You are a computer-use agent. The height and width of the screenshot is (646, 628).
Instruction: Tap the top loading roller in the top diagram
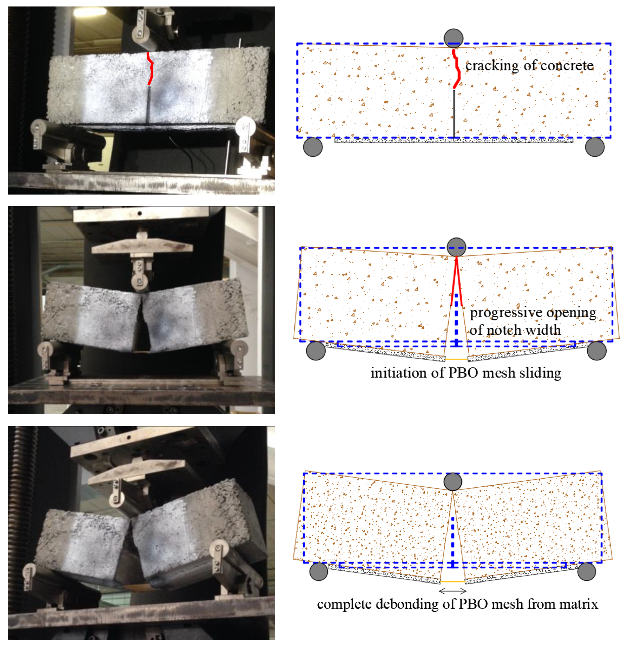(x=454, y=38)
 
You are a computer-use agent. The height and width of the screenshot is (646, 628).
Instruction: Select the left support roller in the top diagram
(x=313, y=147)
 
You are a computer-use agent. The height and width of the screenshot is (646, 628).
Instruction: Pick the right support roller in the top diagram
(x=595, y=147)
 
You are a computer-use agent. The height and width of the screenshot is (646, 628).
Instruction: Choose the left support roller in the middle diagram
(x=316, y=350)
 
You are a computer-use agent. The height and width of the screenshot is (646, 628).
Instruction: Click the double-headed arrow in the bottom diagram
(x=453, y=591)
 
